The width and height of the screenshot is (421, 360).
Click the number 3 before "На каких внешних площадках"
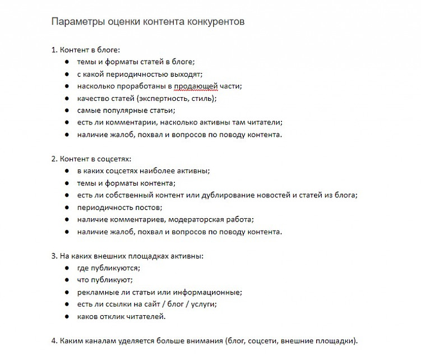(x=54, y=256)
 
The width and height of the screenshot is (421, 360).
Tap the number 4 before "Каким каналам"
(x=54, y=340)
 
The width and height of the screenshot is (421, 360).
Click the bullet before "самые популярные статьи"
(x=67, y=110)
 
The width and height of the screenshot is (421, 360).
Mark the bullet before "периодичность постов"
(x=67, y=207)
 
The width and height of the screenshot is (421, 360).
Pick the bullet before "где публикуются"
(x=67, y=268)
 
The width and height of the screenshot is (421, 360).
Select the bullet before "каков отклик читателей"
(x=67, y=317)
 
